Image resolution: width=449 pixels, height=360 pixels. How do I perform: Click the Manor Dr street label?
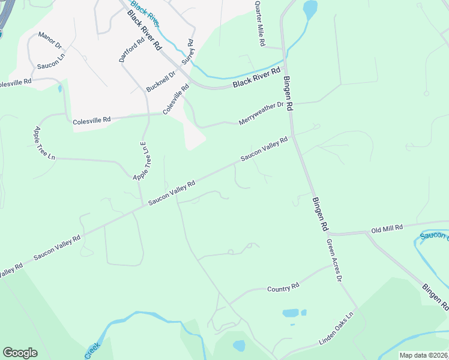[50, 40]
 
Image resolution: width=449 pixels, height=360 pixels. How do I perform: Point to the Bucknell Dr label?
[160, 81]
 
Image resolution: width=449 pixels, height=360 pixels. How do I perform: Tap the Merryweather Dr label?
[261, 113]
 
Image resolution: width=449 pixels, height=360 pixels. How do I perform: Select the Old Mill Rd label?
[387, 229]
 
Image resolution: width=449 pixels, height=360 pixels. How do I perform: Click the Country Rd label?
[283, 289]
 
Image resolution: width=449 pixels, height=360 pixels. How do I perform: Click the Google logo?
[20, 353]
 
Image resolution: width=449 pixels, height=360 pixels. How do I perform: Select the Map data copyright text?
[423, 355]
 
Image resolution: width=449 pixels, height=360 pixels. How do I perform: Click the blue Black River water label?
[145, 13]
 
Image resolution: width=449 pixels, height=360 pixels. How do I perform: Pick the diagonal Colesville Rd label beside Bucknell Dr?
[176, 99]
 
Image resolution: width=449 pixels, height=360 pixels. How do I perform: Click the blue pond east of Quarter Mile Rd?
[310, 10]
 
